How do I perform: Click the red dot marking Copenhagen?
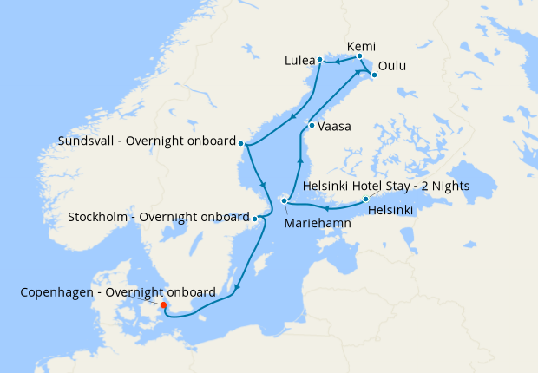[163, 304]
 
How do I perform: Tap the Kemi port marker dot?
[359, 56]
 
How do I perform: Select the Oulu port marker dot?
[374, 75]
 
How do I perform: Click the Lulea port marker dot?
[320, 60]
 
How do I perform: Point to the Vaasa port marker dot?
[312, 126]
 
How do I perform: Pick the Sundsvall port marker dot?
[242, 143]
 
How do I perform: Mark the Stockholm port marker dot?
[254, 218]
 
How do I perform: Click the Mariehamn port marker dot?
[285, 201]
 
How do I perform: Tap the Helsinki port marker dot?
[365, 200]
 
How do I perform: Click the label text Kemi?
[360, 45]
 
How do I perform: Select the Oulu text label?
[391, 66]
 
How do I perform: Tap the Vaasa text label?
[334, 127]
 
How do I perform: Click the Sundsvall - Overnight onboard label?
[146, 141]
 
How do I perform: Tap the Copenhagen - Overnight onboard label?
[118, 292]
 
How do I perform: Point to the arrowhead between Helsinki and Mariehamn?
[325, 207]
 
